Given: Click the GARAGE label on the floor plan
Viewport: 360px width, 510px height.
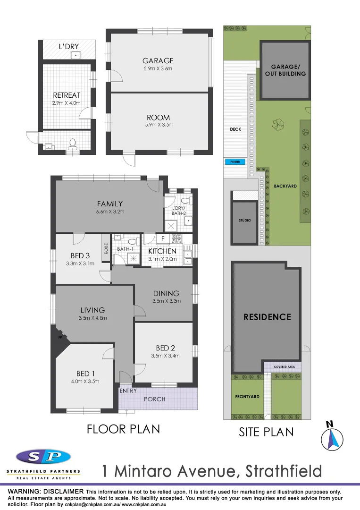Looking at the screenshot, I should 158,60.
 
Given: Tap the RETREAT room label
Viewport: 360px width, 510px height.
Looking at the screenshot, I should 67,95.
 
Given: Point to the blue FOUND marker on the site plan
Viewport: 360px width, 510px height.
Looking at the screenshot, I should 235,161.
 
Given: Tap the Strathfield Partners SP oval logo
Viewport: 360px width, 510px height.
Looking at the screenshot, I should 43,457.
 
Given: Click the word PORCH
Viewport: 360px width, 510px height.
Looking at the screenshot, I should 155,399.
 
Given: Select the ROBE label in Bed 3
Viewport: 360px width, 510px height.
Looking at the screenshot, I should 106,248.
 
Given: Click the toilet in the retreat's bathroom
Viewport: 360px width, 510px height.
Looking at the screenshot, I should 72,143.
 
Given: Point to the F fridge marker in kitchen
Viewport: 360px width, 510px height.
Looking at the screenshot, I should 162,239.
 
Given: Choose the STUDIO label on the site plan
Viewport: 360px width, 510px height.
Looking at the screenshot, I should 245,221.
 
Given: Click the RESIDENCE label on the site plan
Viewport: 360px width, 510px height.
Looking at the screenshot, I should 267,317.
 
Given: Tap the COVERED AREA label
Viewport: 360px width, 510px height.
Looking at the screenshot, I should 282,366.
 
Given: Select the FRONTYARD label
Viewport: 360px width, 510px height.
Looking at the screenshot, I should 247,397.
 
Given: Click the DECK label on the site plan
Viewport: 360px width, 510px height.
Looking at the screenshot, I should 235,129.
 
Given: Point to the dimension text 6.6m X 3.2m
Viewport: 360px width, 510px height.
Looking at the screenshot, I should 110,212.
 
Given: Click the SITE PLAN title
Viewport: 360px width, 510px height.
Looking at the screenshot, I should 267,432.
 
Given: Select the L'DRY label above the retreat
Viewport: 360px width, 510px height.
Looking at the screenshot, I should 68,47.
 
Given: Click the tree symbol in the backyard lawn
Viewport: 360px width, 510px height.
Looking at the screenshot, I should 278,124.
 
